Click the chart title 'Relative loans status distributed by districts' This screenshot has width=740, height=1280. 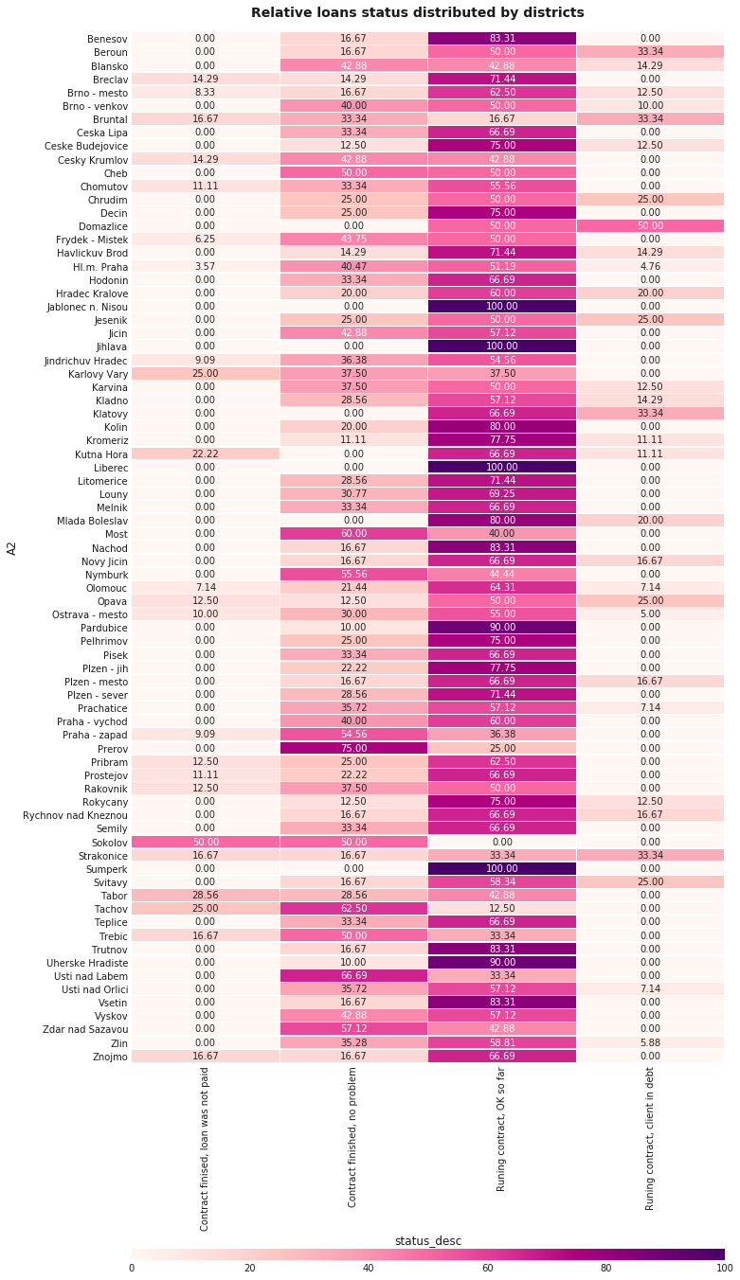click(x=417, y=12)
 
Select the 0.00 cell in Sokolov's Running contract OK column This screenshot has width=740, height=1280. click(x=502, y=841)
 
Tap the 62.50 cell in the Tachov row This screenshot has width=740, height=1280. click(x=353, y=908)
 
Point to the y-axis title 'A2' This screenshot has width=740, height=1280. click(x=13, y=547)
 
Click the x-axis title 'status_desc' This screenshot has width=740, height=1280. click(x=427, y=1240)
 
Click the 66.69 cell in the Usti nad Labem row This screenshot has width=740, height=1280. click(x=353, y=975)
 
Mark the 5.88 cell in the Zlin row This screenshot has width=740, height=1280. click(x=650, y=1041)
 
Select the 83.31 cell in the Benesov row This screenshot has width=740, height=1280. click(x=502, y=38)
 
